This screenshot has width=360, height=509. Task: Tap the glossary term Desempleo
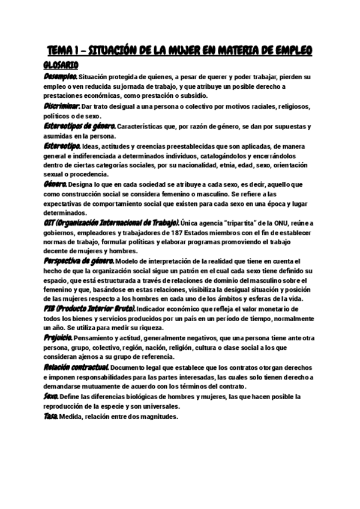(x=61, y=77)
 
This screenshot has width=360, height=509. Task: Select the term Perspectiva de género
(x=78, y=261)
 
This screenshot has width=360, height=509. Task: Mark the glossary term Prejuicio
(x=58, y=337)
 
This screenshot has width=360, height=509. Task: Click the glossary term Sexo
(x=51, y=397)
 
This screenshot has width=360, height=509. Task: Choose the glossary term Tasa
(x=51, y=417)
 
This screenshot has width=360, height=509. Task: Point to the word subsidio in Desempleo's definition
(x=193, y=96)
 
